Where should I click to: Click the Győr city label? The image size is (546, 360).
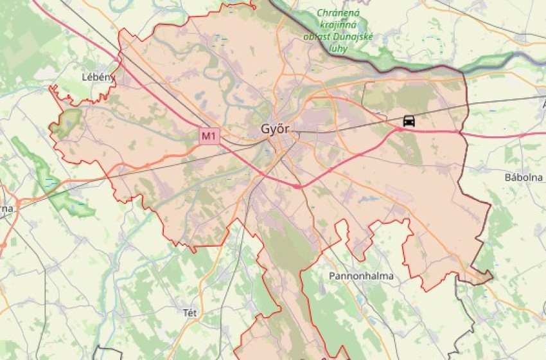(276, 129)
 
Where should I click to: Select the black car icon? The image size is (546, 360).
(409, 120)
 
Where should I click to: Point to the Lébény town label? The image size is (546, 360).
(98, 77)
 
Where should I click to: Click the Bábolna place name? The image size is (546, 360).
(524, 177)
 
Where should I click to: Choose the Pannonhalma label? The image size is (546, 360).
(360, 276)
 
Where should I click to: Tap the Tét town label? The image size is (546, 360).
(190, 313)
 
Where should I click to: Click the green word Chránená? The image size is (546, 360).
(339, 13)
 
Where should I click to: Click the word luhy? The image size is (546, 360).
(337, 48)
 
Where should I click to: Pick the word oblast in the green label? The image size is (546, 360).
(317, 37)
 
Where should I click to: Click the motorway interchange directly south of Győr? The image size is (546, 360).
(297, 186)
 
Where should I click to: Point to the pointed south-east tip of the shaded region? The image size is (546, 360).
(491, 276)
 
